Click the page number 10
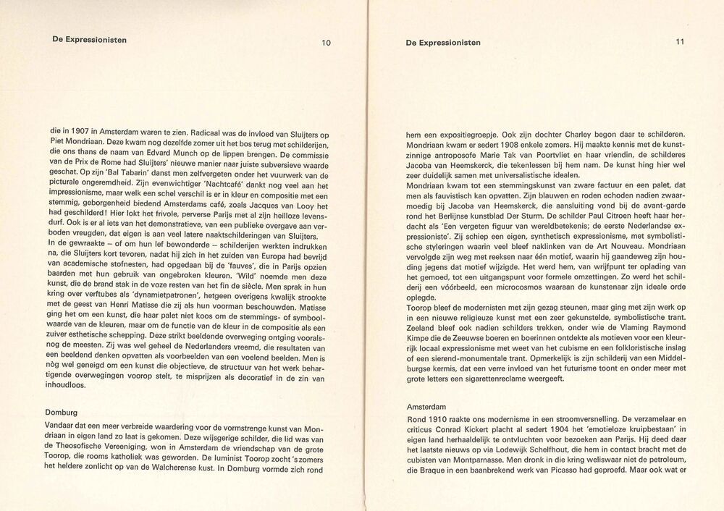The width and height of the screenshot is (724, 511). (326, 43)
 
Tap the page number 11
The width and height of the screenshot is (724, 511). (679, 42)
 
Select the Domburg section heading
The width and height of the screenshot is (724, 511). (62, 413)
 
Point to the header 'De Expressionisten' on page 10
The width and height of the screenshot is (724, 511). (90, 40)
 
